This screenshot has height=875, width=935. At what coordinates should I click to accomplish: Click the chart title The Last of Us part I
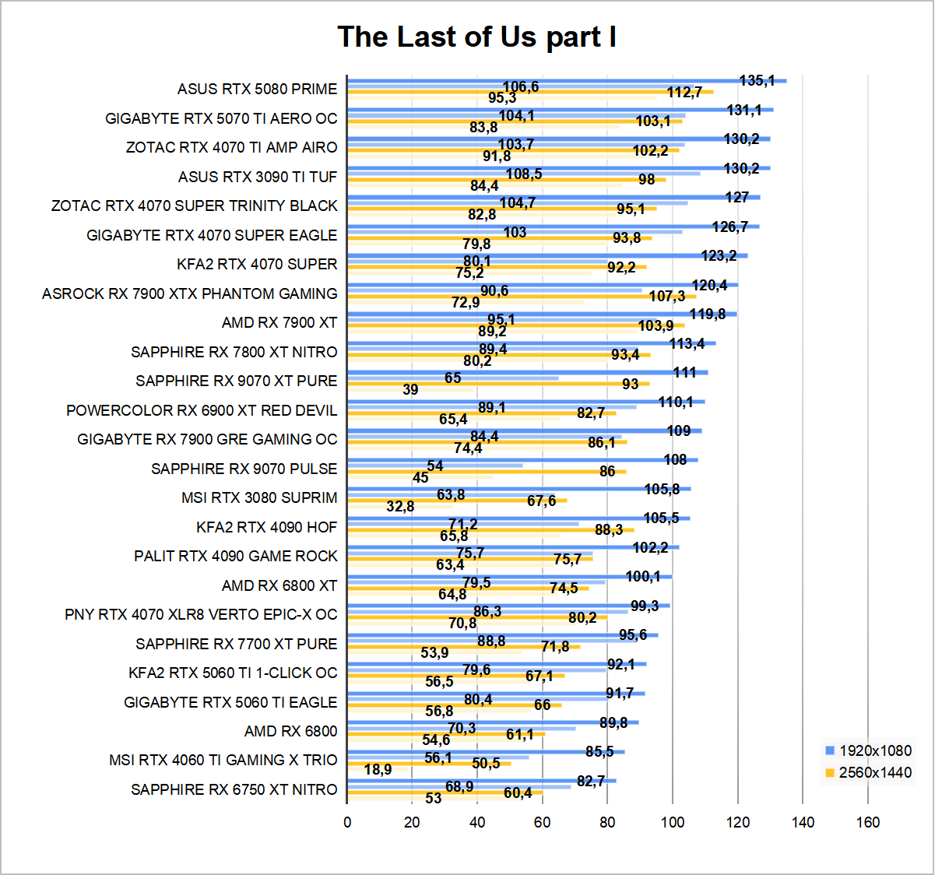(x=476, y=37)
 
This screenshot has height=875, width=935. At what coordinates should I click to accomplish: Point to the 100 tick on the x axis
(x=673, y=822)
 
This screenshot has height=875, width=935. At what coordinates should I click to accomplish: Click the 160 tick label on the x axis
(x=868, y=822)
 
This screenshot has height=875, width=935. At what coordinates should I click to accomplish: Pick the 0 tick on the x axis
(x=347, y=822)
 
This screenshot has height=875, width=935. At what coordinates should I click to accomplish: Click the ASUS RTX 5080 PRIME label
(x=257, y=89)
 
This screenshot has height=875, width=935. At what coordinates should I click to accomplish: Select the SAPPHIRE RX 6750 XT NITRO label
(x=234, y=789)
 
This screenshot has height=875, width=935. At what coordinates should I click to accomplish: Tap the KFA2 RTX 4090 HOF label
(x=266, y=527)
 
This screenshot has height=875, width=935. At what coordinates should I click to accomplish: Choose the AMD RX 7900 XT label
(x=279, y=322)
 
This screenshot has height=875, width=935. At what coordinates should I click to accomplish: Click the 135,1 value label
(x=757, y=80)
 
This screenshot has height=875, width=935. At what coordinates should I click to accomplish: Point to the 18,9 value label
(x=378, y=769)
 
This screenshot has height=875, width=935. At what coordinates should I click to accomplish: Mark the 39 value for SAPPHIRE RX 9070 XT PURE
(x=410, y=389)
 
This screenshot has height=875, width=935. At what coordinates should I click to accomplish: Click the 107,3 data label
(x=667, y=296)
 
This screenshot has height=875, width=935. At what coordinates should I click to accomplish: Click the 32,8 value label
(x=400, y=506)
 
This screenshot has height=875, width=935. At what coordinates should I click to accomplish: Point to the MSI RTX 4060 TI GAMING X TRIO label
(x=223, y=760)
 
